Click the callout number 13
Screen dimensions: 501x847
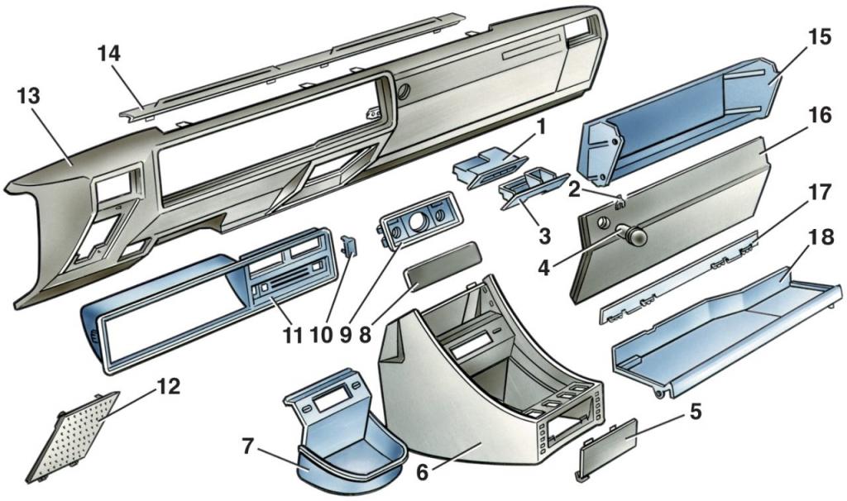28,97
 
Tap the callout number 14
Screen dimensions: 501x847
108,55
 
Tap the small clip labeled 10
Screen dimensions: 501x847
349,246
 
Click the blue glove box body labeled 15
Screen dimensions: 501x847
678,124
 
